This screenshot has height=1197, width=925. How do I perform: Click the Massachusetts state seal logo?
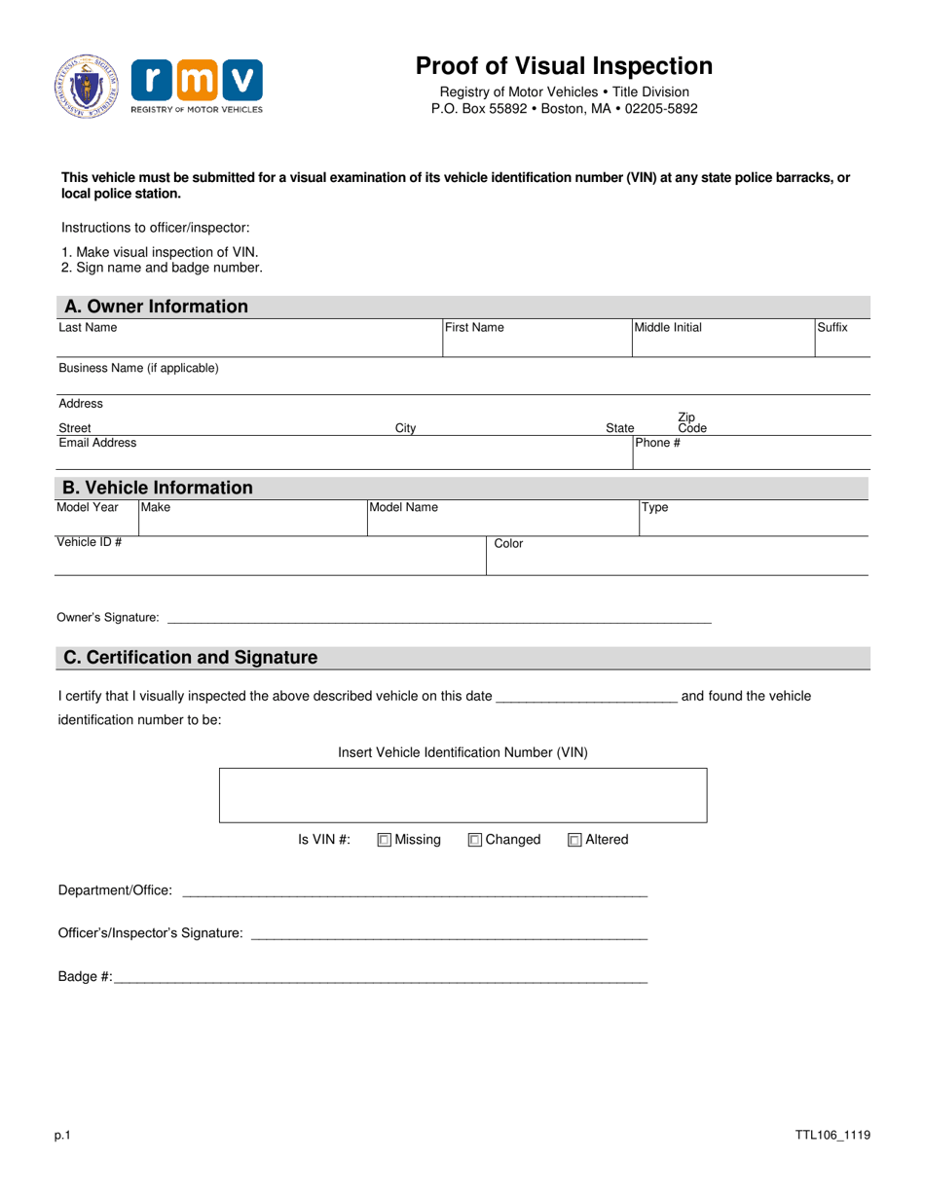click(x=87, y=87)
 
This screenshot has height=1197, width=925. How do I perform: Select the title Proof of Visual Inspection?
click(x=564, y=66)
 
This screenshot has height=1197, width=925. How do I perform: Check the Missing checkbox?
click(x=384, y=840)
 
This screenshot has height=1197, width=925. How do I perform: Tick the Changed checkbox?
click(x=475, y=840)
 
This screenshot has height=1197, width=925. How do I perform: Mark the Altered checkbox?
click(x=574, y=840)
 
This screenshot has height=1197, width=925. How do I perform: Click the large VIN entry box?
click(x=463, y=795)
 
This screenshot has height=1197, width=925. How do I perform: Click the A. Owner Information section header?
click(x=156, y=307)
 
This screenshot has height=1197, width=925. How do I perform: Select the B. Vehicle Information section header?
click(x=158, y=488)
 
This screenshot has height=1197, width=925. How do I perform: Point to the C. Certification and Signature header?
click(x=190, y=658)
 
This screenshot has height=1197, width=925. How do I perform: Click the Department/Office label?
click(x=116, y=890)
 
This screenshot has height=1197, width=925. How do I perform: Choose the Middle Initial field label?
click(x=668, y=328)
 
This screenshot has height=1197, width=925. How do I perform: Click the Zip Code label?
click(x=692, y=422)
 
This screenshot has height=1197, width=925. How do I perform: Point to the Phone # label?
click(x=657, y=443)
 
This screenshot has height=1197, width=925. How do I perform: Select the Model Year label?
click(x=88, y=507)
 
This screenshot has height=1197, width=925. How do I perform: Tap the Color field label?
click(x=508, y=544)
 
